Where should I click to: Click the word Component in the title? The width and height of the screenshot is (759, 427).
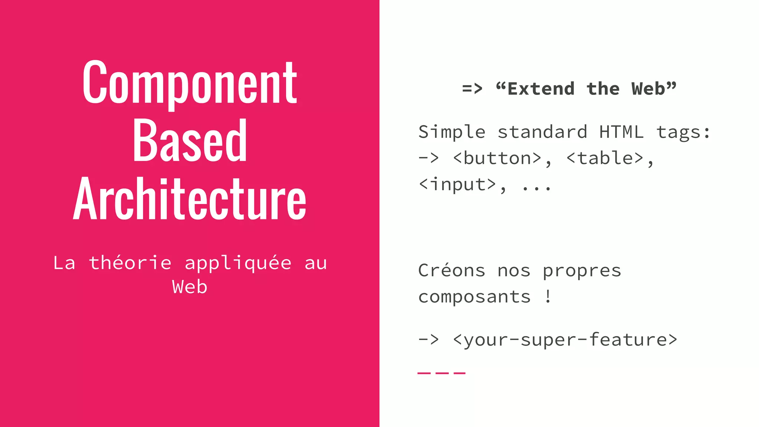click(x=189, y=83)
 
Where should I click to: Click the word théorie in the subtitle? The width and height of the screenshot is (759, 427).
click(x=130, y=263)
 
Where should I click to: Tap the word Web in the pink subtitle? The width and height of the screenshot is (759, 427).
click(x=189, y=287)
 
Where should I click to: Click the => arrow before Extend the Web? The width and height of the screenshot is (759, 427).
click(x=472, y=89)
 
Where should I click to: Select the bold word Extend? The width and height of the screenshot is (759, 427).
click(x=541, y=89)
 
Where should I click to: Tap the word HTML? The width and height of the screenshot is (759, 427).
click(x=622, y=132)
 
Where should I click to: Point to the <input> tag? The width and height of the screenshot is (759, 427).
click(x=457, y=185)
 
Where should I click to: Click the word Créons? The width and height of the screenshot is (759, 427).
click(x=452, y=271)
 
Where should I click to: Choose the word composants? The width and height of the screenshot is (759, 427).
click(x=474, y=297)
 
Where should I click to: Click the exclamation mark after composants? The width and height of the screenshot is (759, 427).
click(x=548, y=297)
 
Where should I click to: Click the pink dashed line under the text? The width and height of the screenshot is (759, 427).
click(x=441, y=373)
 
